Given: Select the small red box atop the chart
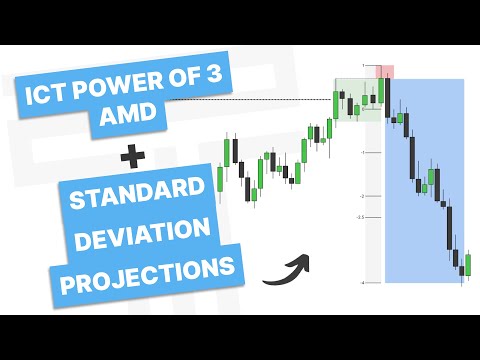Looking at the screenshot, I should tap(383, 71).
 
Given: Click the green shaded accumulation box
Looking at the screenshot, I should tap(356, 100).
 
